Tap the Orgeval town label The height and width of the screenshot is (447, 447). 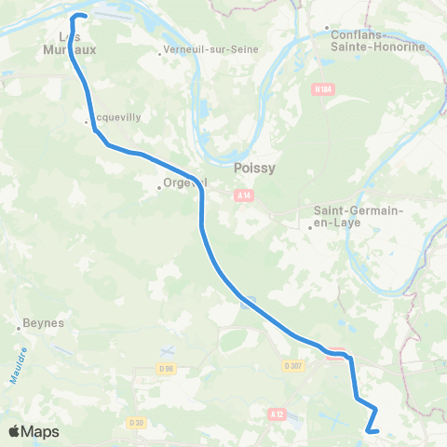coord(183,183)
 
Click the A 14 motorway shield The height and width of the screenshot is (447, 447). coord(244,195)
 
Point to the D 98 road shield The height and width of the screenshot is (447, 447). coord(166,369)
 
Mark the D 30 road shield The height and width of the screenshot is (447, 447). coord(138,424)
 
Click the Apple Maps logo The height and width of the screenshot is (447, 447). coord(34,431)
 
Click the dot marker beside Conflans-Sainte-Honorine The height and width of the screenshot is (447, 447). coord(327,28)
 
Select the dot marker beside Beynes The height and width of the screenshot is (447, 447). coord(19,327)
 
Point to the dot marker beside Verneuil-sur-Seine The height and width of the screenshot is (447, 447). coord(160,53)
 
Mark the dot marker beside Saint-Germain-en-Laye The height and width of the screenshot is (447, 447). coord(311,226)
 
